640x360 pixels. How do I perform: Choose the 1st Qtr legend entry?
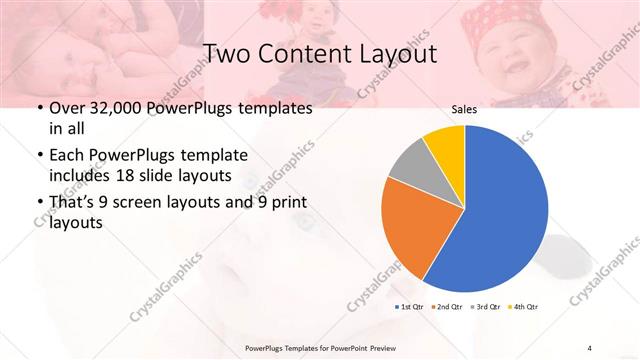coord(411,305)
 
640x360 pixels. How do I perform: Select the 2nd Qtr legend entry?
coord(446,305)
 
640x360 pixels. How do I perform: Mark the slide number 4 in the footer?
coord(591,348)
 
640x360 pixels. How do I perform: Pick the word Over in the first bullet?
coord(68,107)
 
